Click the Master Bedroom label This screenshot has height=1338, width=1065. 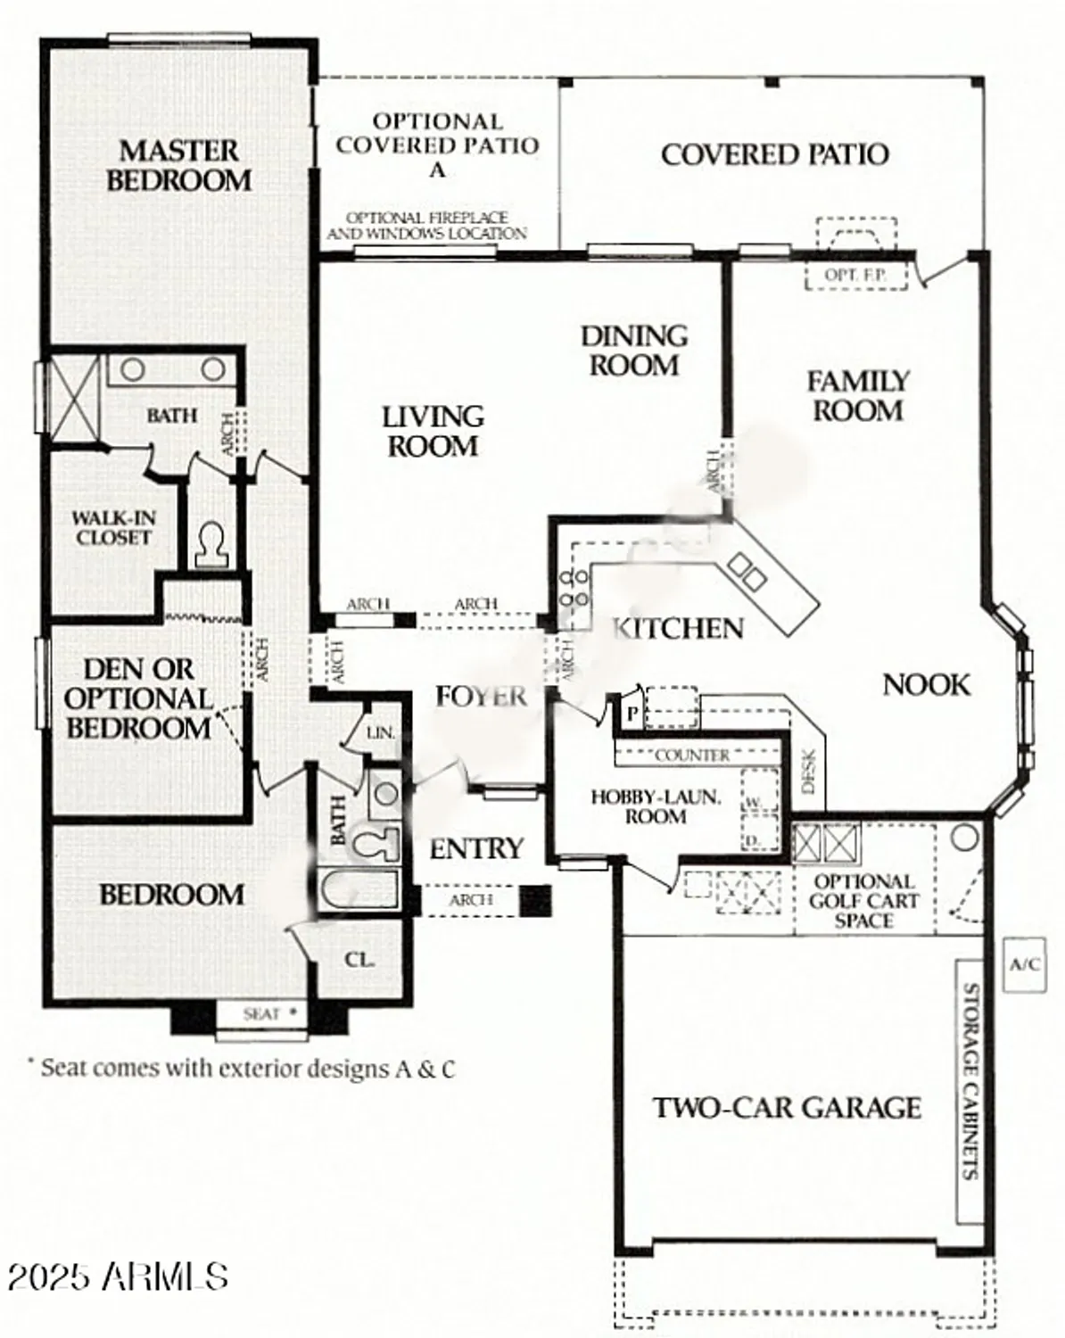point(178,165)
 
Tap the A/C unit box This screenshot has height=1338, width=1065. point(1024,964)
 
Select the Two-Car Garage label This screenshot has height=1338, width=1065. point(787,1108)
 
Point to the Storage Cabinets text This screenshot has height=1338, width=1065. point(970,1081)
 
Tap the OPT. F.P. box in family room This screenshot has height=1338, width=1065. point(854,275)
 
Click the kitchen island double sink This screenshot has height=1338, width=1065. point(747,572)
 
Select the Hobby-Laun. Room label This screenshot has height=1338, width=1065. point(655,806)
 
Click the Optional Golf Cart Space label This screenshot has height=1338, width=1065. point(863,901)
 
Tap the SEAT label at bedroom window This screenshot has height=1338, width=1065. point(261,1014)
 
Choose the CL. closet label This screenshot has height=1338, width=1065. point(359,960)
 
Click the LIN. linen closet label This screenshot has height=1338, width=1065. point(381,733)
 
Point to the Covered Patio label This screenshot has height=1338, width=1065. point(774,154)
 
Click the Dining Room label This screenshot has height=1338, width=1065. point(634,350)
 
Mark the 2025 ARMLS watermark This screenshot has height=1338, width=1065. point(118,1276)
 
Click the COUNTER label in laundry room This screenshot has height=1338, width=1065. point(692,756)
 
